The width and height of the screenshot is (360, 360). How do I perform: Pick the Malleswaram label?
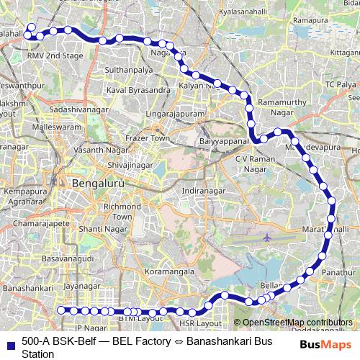53,126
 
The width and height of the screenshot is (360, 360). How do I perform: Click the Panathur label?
336,274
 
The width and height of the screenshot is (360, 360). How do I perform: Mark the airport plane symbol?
266,237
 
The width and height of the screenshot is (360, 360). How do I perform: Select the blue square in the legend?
10,340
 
